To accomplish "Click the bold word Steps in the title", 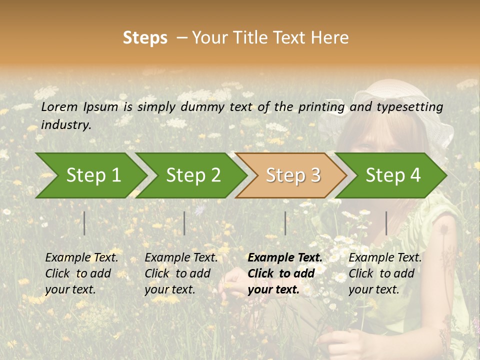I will pos(145,37).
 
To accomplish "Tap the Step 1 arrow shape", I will pos(90,175).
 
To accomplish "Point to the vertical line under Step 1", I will pos(84,223).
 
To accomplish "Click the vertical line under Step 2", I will pos(184,223).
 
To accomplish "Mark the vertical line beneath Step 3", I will pos(285,223).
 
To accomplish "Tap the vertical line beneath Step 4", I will pos(386,223).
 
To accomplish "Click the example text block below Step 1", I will pos(81,273).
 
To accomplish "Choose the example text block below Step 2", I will pos(181,273).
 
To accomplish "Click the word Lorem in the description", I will pos(59,106).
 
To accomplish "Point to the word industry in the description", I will pos(66,125).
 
